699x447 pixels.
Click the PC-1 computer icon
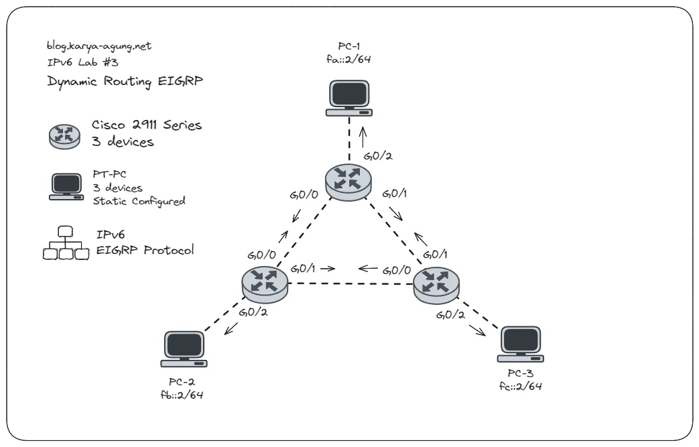point(348,98)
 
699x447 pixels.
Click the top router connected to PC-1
point(348,182)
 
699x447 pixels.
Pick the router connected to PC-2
point(265,283)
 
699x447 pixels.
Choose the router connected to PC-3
point(436,283)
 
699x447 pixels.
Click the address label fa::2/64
point(348,60)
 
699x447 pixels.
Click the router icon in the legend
point(65,135)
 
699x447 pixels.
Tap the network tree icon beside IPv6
point(65,244)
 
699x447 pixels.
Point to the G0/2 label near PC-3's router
point(450,314)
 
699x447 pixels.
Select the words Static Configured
point(139,200)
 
